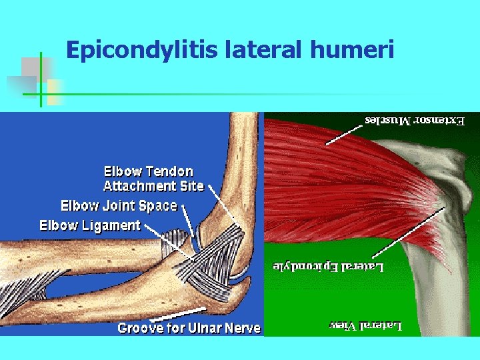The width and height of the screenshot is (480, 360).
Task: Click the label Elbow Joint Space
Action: pos(119,205)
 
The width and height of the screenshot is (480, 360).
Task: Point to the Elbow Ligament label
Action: pos(90,225)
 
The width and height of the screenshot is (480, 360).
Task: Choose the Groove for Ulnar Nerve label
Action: pos(189,328)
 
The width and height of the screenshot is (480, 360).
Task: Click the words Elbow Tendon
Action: pos(148,171)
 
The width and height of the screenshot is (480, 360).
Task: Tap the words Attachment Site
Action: pos(153,186)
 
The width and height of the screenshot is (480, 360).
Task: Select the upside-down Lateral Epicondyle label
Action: pos(329,267)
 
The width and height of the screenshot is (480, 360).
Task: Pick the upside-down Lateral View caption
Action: pos(366,326)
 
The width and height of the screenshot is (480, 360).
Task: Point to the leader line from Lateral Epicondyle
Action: pos(407,233)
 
